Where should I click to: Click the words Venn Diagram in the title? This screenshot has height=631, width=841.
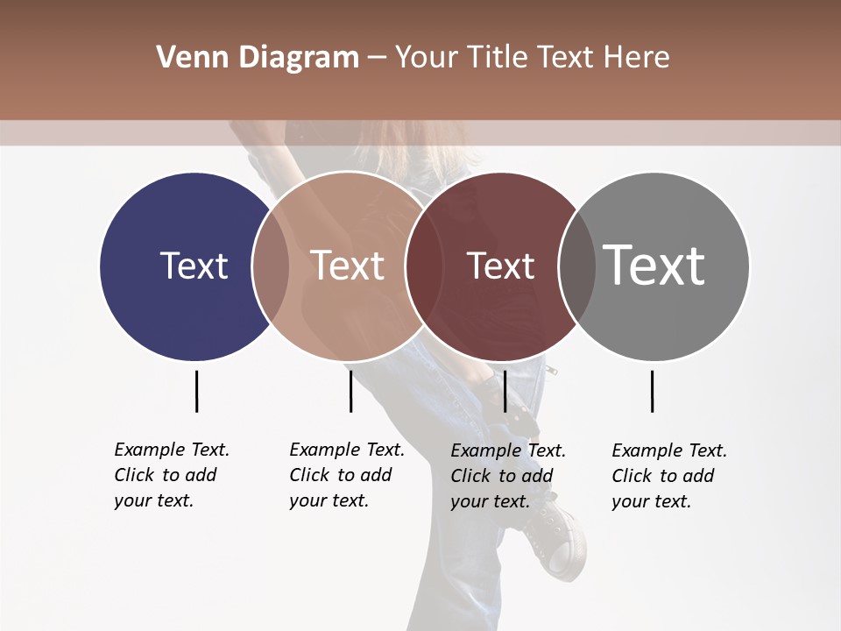(258, 58)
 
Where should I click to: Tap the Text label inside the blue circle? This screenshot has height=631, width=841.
(194, 266)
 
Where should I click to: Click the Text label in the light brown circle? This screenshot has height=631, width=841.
(348, 266)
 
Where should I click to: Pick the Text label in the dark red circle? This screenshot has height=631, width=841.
(500, 266)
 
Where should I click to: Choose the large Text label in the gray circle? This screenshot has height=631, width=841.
(654, 266)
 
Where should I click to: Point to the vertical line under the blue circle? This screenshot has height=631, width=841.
(196, 391)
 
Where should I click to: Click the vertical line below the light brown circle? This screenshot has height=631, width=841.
(350, 391)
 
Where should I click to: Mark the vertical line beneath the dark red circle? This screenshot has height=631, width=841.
(505, 391)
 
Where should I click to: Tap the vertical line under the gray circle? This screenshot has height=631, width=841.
(653, 391)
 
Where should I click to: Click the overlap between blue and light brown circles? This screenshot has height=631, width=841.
(271, 266)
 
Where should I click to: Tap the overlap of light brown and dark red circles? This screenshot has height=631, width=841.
(424, 266)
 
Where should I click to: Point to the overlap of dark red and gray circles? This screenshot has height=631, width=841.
(577, 266)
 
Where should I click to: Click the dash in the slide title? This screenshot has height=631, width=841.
(377, 58)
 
